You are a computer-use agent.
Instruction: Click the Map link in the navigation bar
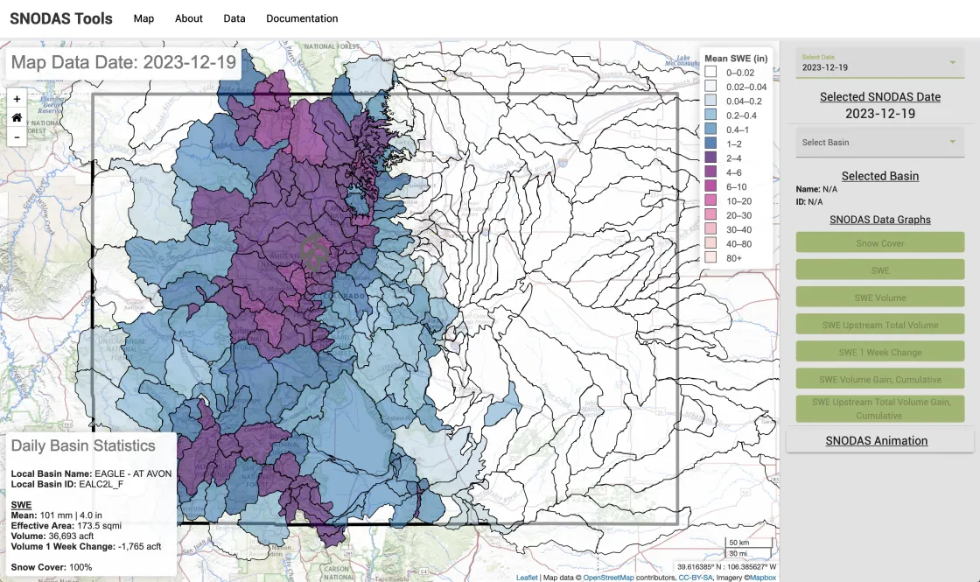(x=143, y=18)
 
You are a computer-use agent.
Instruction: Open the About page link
(x=188, y=18)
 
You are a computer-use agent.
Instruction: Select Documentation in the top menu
(x=302, y=18)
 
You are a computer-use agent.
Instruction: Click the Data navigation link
(x=234, y=18)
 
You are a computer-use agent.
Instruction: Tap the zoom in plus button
(x=17, y=99)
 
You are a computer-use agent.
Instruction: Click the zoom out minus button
(x=17, y=137)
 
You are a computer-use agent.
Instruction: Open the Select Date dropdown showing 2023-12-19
(x=879, y=63)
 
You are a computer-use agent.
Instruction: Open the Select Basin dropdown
(x=879, y=142)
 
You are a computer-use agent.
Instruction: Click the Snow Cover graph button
(x=879, y=243)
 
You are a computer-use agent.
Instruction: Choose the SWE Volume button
(x=879, y=298)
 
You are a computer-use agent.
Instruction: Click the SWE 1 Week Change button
(x=879, y=352)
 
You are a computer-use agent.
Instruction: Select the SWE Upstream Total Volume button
(x=879, y=325)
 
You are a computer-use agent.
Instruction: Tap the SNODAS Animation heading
(x=877, y=440)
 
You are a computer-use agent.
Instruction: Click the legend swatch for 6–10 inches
(x=711, y=186)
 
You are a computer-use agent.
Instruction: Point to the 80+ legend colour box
(x=711, y=258)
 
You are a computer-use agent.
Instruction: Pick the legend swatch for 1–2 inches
(x=711, y=144)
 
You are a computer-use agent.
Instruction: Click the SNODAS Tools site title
(x=61, y=18)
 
